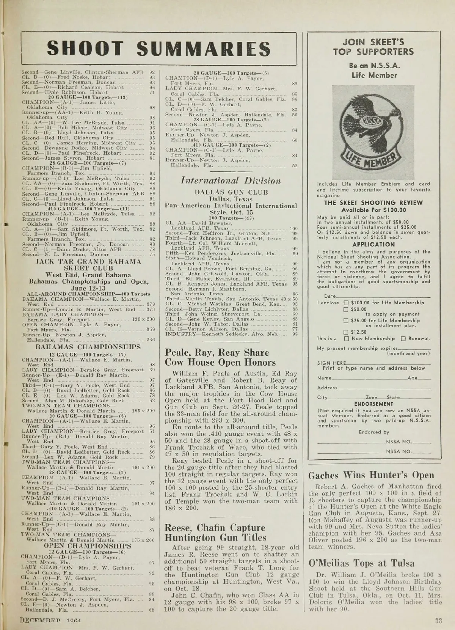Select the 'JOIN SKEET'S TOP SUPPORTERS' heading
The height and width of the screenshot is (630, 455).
(x=373, y=47)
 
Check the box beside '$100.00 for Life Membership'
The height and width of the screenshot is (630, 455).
(x=346, y=303)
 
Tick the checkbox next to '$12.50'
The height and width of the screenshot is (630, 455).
(x=346, y=332)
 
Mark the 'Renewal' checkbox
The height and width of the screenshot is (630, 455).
(x=403, y=338)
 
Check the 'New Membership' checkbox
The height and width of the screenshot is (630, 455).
(x=346, y=338)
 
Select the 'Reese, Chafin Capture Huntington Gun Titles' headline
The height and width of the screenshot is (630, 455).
(x=215, y=533)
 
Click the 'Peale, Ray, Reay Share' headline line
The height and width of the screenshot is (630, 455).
(x=217, y=352)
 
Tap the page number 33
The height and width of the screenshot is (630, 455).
(x=438, y=621)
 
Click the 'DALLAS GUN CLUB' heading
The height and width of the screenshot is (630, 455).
(x=231, y=192)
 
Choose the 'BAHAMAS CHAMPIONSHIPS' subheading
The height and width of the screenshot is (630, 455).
(x=88, y=347)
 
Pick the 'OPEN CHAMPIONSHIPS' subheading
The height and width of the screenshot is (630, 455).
(x=88, y=546)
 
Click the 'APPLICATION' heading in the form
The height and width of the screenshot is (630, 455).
(x=373, y=245)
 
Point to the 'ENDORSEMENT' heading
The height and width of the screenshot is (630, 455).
(x=373, y=404)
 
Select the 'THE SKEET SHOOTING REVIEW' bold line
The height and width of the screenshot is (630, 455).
(x=373, y=203)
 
